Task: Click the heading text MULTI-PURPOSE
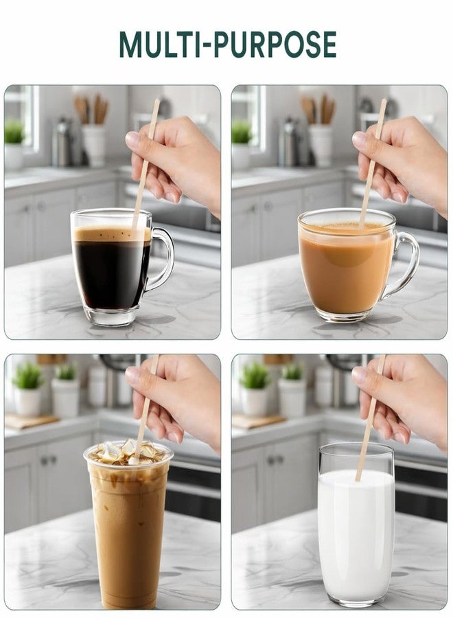[x=228, y=45]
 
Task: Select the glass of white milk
[x=356, y=523]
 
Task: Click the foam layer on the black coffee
[x=112, y=234]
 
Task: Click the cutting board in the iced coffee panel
[x=31, y=421]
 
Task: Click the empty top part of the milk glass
[x=356, y=457]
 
